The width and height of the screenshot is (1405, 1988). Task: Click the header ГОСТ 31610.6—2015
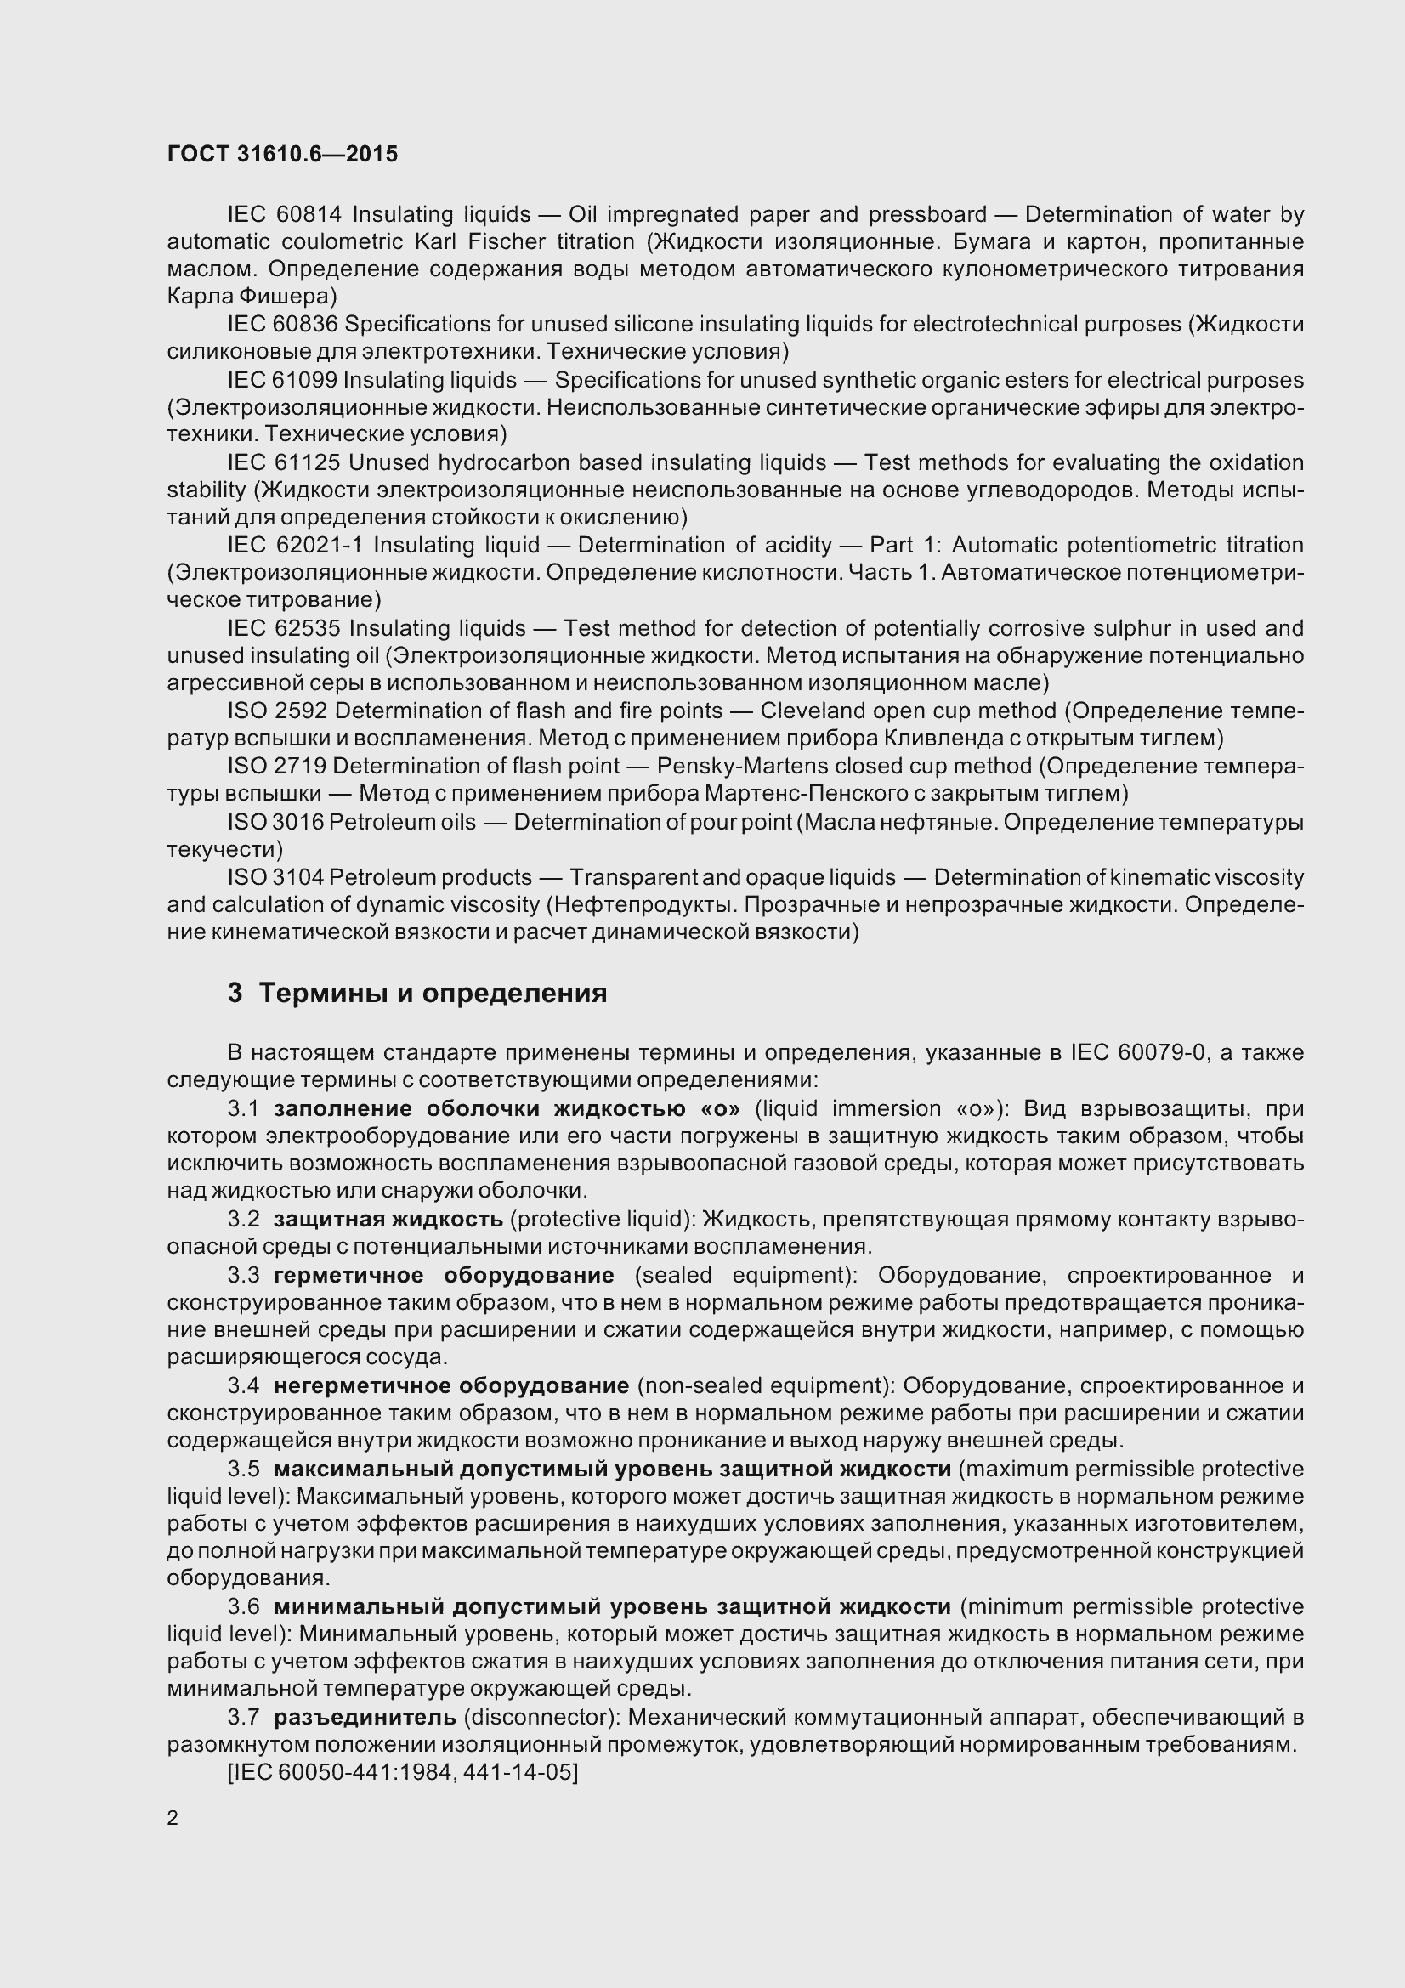click(282, 154)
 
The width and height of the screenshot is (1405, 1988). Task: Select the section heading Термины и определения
click(433, 993)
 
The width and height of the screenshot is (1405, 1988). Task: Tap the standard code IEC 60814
click(285, 214)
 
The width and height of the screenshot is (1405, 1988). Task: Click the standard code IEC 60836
click(285, 325)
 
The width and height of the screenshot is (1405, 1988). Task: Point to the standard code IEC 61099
click(285, 380)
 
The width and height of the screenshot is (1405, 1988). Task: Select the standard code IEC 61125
click(285, 462)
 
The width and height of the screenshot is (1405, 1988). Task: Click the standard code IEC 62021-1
click(293, 546)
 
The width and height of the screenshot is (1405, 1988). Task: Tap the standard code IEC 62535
click(285, 628)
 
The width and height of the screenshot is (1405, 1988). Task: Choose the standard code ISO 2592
click(277, 711)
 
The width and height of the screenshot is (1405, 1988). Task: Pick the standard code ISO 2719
click(277, 767)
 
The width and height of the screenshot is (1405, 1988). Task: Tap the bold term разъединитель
click(365, 1717)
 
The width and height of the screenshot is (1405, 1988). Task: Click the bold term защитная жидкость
click(388, 1219)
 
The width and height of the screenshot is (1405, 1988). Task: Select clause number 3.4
click(243, 1385)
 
